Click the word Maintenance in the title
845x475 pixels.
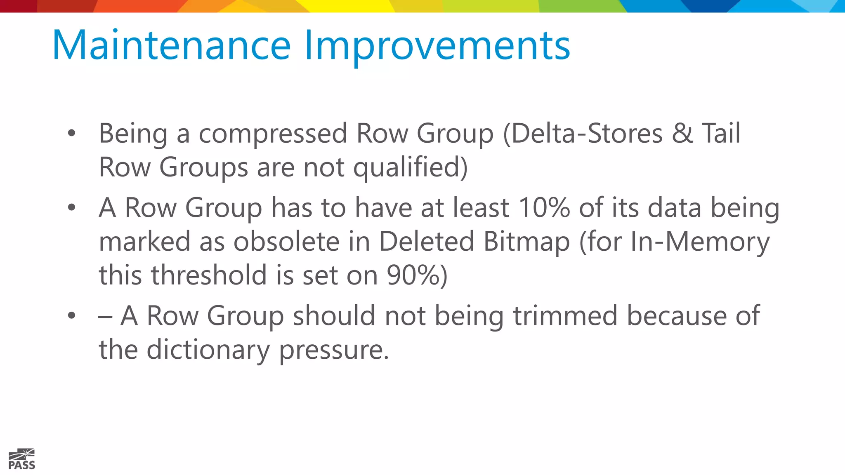click(172, 45)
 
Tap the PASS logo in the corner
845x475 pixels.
click(21, 459)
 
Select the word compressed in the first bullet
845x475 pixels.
click(273, 134)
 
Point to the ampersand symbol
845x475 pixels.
click(682, 134)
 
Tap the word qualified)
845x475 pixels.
click(411, 168)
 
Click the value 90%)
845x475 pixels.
click(417, 275)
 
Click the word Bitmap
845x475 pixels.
click(526, 242)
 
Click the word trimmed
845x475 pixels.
click(565, 316)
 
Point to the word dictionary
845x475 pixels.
click(208, 350)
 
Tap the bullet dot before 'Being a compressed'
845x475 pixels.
click(72, 133)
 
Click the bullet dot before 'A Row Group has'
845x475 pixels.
click(72, 207)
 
